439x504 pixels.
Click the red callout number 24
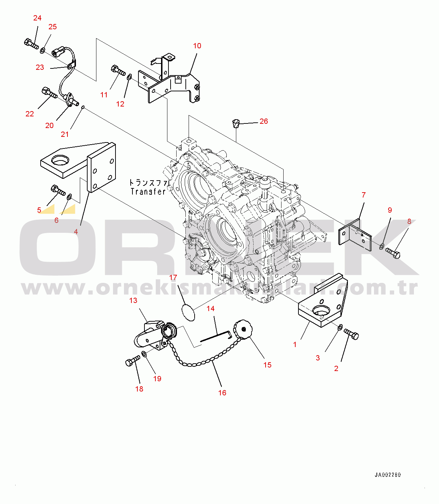[37, 18]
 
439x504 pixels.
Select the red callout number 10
[197, 46]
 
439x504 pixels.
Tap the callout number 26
[263, 121]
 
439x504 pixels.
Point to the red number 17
[173, 278]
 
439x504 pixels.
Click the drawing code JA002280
[388, 475]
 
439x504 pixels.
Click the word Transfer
[148, 192]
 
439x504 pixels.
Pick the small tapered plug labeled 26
[236, 123]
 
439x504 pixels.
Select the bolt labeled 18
[133, 360]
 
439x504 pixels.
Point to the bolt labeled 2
[351, 334]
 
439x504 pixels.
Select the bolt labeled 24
[31, 44]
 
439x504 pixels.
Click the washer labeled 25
[42, 50]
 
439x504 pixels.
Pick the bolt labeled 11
[118, 70]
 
